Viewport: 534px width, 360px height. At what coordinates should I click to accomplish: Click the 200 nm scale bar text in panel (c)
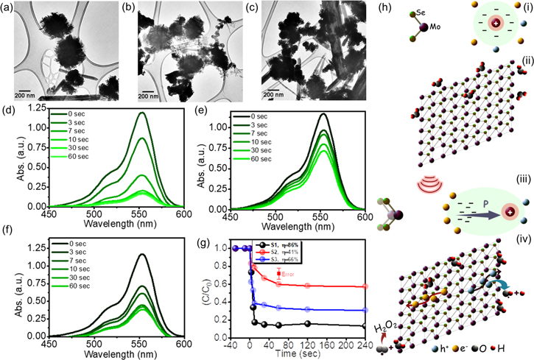pos(275,94)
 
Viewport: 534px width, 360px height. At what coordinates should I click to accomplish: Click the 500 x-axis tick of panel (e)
pos(276,218)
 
